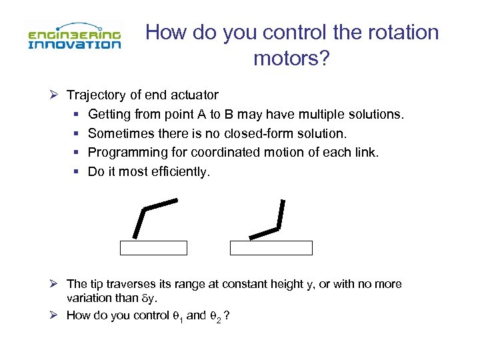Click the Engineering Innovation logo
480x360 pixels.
pos(74,38)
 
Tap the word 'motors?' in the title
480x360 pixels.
pos(291,59)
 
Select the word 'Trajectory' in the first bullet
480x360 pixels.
pos(96,95)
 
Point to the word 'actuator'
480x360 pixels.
pos(196,95)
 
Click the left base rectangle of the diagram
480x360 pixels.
pos(153,248)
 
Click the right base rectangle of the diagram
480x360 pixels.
pos(271,248)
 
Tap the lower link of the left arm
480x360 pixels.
pos(139,223)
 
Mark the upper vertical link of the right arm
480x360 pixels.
pos(282,213)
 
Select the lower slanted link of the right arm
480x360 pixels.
pos(264,233)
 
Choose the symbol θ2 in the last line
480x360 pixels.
pos(216,316)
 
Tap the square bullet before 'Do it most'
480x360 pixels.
pos(79,172)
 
